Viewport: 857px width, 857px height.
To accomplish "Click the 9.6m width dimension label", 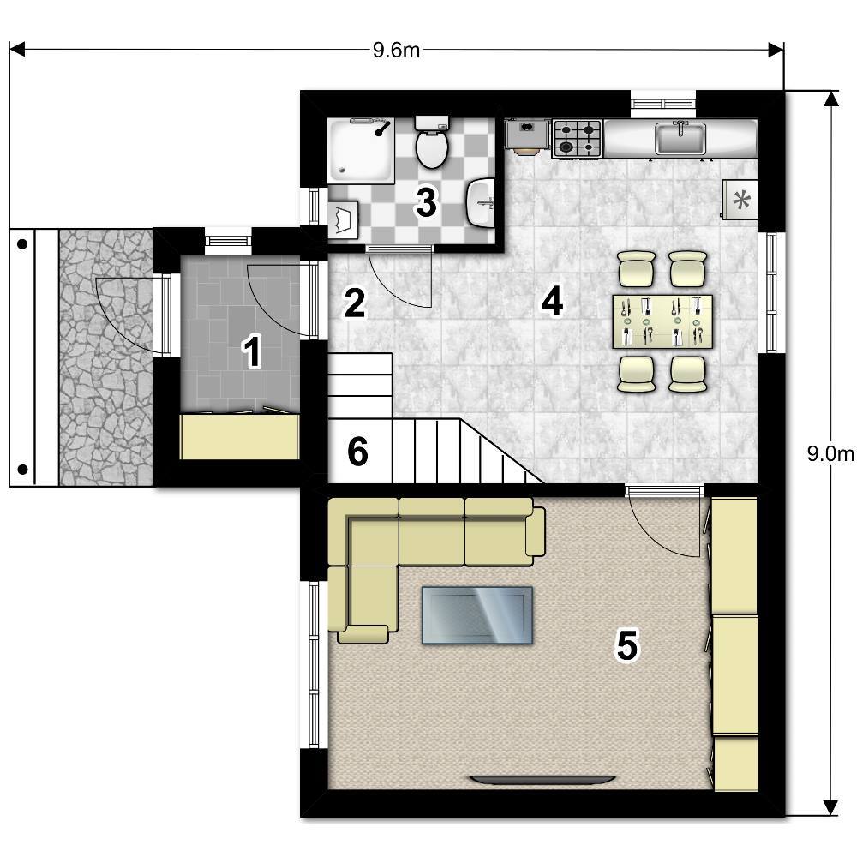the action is [396, 51].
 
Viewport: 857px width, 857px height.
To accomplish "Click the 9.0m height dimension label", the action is [830, 453].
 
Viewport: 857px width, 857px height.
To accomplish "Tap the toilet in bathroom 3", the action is [432, 142].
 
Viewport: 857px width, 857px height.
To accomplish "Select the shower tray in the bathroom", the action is [361, 150].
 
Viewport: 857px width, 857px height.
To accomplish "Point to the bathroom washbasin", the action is [481, 202].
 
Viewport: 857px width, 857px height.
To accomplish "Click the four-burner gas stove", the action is [577, 139].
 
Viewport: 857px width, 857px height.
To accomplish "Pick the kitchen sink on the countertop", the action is [680, 138].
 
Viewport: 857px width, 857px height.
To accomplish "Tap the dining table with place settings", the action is [663, 321].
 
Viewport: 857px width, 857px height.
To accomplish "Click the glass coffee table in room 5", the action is [477, 615].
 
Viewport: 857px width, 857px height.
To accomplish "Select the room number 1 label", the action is [252, 352].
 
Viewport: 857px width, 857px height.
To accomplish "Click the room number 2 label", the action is [354, 303].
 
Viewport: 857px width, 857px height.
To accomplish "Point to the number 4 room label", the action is [552, 301].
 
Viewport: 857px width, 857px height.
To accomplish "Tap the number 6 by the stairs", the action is [358, 452].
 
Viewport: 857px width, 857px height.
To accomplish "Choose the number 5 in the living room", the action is [627, 645].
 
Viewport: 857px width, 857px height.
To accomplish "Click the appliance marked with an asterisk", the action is [740, 200].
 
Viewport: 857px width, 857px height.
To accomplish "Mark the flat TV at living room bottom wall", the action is [543, 780].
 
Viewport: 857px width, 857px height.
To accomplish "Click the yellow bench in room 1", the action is [239, 436].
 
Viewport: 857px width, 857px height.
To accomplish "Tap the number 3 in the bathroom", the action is [426, 202].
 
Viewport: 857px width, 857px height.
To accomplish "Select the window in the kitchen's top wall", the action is [663, 104].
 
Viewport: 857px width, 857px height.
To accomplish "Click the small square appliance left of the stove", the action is [527, 135].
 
